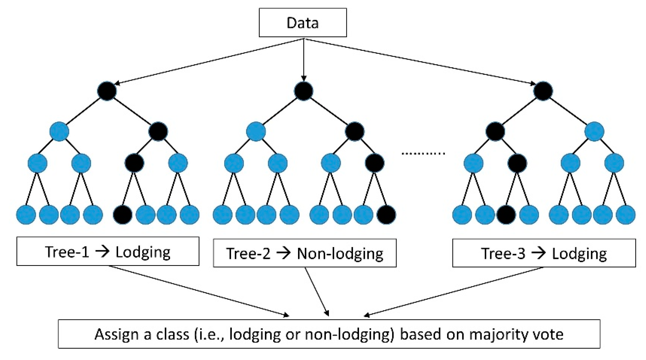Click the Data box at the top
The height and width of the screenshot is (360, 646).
pos(302,23)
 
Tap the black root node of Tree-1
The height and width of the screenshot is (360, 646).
pos(107,91)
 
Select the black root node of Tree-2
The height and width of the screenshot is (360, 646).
pos(303,91)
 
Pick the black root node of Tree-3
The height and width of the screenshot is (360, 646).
pos(543,91)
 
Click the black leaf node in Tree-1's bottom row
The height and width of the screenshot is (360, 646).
pos(123,214)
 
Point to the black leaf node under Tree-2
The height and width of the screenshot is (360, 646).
pos(386,214)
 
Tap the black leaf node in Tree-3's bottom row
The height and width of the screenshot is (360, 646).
pos(506,214)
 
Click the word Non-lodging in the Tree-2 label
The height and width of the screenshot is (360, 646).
pos(340,254)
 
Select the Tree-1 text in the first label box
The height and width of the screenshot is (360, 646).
pos(67,252)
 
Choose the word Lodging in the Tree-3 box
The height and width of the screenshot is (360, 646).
pos(579,254)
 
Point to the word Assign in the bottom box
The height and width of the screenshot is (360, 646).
pos(116,334)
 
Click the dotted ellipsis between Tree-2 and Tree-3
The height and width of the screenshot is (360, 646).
pos(423,153)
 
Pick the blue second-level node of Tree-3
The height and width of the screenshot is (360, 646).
pos(594,131)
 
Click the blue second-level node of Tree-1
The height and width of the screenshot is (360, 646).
pos(59,131)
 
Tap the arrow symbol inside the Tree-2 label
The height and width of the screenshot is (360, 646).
pos(283,253)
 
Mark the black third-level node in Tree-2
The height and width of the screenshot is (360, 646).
pos(374,163)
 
